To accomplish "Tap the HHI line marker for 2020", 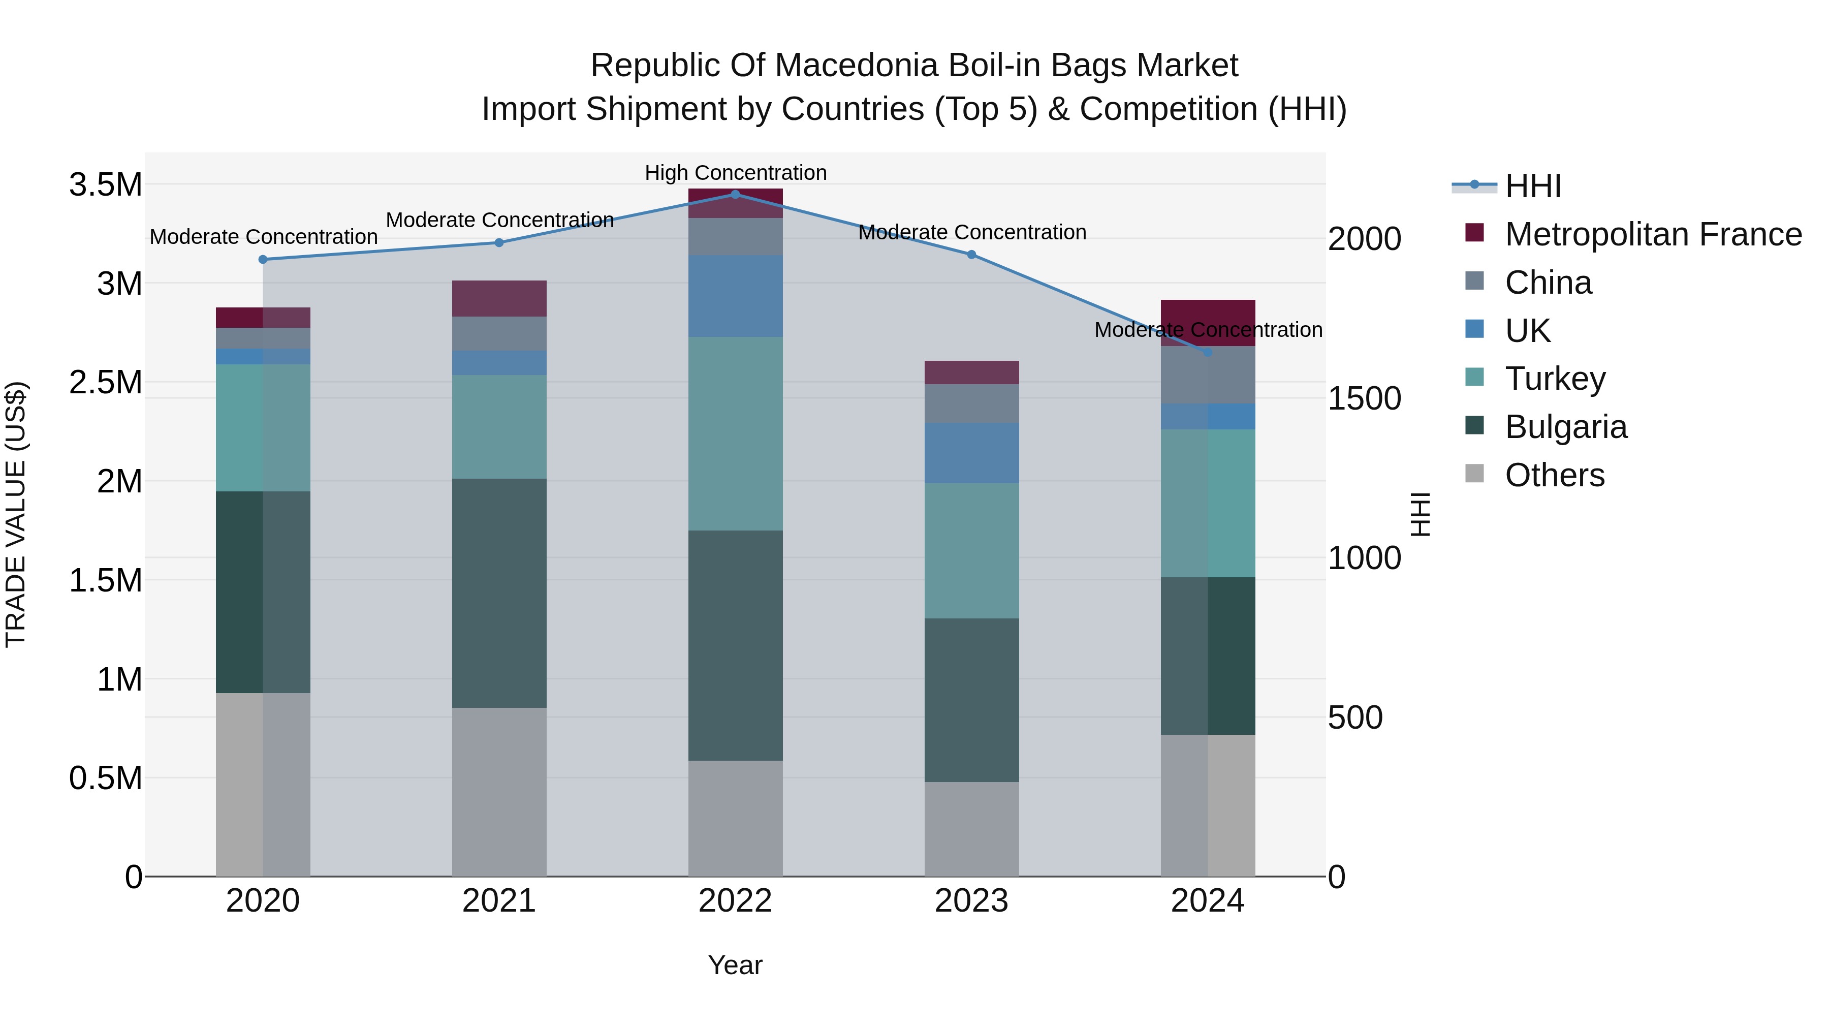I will pos(263,260).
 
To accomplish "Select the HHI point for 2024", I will pos(1208,352).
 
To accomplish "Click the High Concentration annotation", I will pos(736,173).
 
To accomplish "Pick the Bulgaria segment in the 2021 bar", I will pos(499,593).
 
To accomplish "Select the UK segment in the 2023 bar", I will pos(971,453).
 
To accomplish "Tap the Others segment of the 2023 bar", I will pos(971,829).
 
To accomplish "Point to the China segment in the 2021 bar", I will pos(499,333).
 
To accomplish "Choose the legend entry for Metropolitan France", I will pos(1653,234).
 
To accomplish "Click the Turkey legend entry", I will pos(1555,379).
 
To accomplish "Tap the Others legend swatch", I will pos(1475,474).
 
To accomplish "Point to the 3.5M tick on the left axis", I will pos(105,184).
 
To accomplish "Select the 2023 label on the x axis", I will pos(971,901).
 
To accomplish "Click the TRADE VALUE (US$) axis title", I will pos(16,514).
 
